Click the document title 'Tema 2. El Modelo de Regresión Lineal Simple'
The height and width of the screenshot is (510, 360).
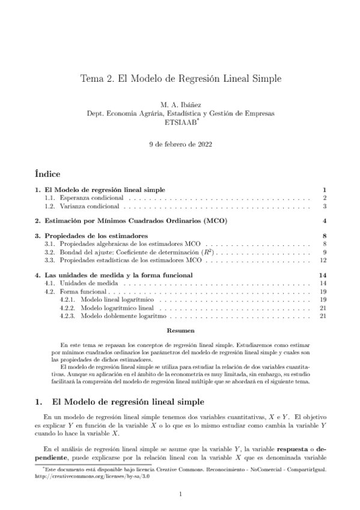point(180,79)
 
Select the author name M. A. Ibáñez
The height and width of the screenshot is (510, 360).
point(180,105)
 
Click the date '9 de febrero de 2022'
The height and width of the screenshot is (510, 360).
point(180,144)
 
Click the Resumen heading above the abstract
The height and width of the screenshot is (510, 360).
point(180,331)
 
